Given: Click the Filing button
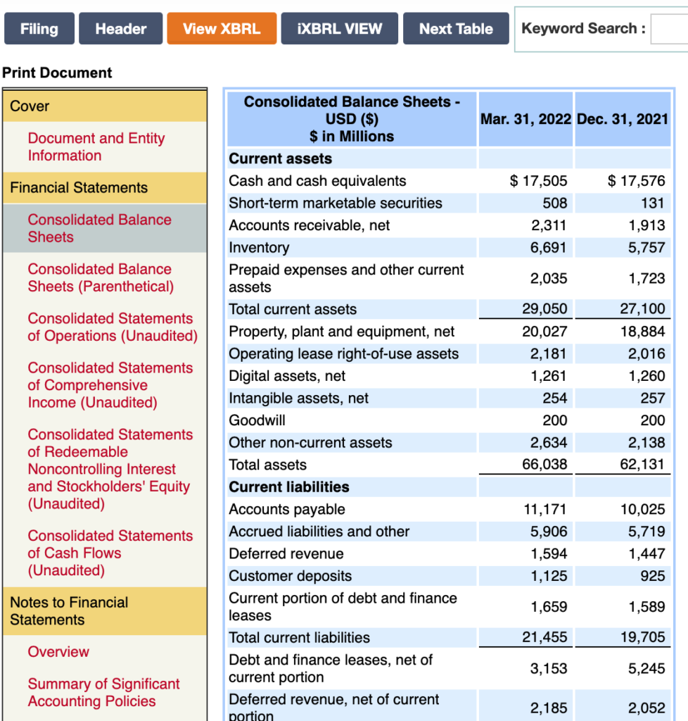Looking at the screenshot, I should (x=39, y=29).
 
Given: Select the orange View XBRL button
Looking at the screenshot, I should (x=222, y=29).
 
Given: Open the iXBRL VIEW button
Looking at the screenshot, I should (x=339, y=29).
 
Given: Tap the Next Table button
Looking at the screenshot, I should (x=456, y=29).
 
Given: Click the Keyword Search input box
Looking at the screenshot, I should (x=669, y=30).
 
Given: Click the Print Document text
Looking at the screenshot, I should (x=57, y=73).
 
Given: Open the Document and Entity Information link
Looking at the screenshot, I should (x=96, y=146).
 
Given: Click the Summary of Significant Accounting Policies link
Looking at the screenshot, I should (x=103, y=692).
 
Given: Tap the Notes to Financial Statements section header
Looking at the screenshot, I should (x=69, y=610).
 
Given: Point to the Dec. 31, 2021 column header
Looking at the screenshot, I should (x=622, y=119).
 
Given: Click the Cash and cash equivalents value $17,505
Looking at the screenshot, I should (x=538, y=181).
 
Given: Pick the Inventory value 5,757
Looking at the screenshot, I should (x=646, y=248).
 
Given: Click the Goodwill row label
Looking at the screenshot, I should (x=257, y=420).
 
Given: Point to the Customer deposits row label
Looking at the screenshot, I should (x=290, y=576).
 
